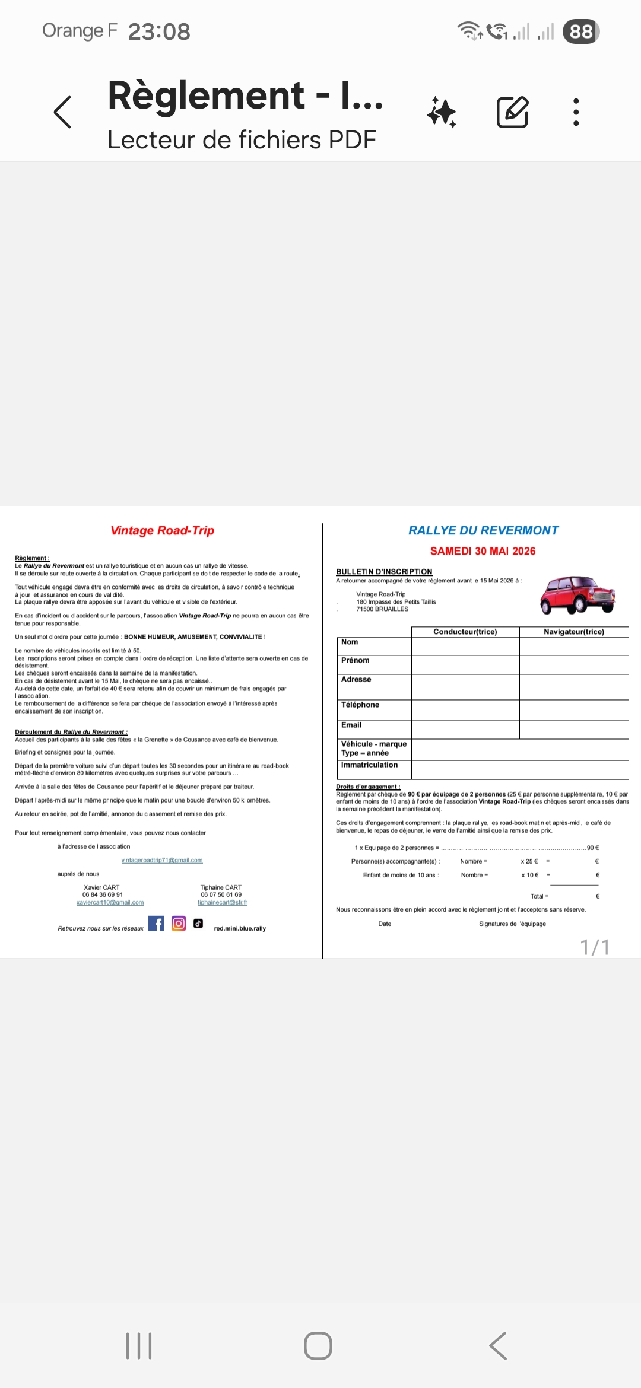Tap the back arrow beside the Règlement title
tap(62, 112)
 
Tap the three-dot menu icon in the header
tap(576, 112)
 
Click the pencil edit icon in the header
tap(512, 112)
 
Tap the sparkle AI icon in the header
tap(442, 112)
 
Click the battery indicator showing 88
tap(581, 31)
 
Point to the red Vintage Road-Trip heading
tap(162, 530)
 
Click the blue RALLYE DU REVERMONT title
tap(483, 530)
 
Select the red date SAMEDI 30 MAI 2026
tap(483, 551)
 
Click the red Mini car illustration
tap(577, 594)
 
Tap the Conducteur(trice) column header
tap(465, 632)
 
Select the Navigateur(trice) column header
tap(573, 632)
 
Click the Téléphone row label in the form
tap(360, 705)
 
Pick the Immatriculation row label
tap(369, 765)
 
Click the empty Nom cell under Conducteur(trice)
tap(465, 647)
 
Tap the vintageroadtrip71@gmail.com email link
tap(162, 860)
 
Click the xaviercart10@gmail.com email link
tap(110, 902)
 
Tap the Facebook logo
tap(156, 924)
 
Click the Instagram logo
tap(179, 924)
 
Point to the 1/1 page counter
tap(595, 947)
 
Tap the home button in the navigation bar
tap(318, 1345)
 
